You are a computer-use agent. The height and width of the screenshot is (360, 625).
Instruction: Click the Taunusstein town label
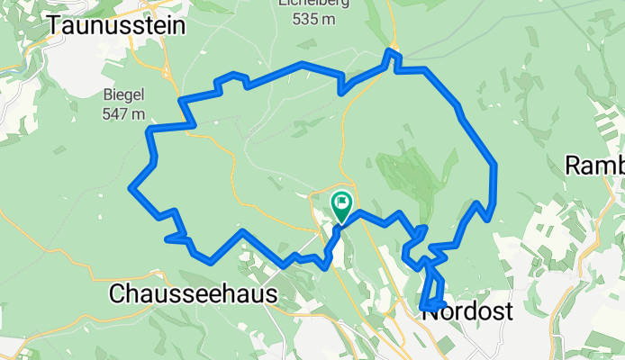tap(117, 25)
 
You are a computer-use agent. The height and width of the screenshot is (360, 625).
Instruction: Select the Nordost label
tap(467, 311)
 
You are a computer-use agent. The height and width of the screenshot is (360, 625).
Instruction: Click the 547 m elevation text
tap(125, 113)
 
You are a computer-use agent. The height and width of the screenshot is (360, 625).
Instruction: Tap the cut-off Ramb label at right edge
tap(594, 166)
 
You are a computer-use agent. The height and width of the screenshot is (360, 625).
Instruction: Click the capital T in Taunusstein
tap(57, 25)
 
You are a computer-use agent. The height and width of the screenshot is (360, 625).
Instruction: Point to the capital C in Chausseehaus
tap(115, 294)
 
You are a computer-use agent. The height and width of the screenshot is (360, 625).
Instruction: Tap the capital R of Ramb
tap(573, 166)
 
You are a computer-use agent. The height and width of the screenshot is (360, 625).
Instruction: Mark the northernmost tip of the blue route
tap(390, 50)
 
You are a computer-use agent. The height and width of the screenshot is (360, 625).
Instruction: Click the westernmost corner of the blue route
tap(132, 188)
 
